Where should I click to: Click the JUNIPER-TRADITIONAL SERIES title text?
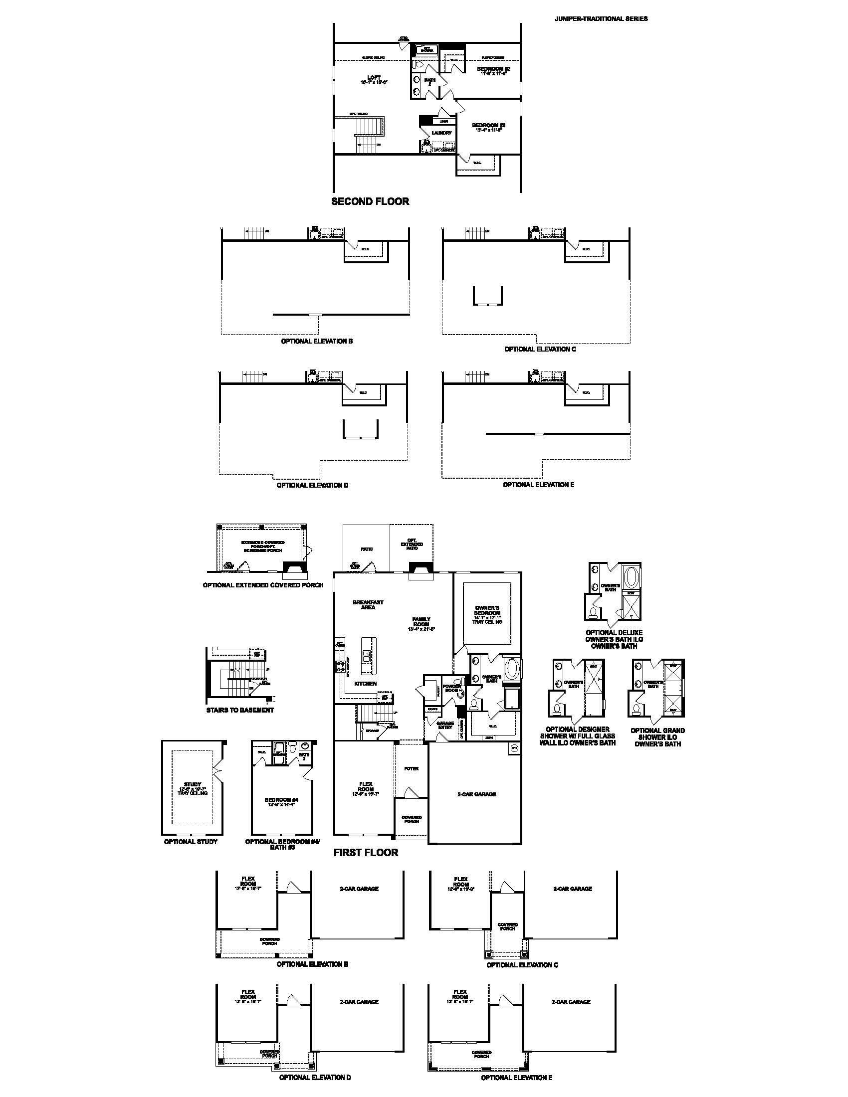pyautogui.click(x=601, y=18)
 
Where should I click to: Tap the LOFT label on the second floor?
pyautogui.click(x=374, y=77)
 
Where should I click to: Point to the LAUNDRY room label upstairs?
pyautogui.click(x=441, y=133)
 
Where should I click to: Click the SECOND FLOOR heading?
pyautogui.click(x=370, y=201)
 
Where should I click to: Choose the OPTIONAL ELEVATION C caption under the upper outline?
pyautogui.click(x=540, y=349)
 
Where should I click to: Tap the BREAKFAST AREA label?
pyautogui.click(x=368, y=604)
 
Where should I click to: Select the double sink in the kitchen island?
pyautogui.click(x=367, y=656)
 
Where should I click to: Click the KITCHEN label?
pyautogui.click(x=365, y=684)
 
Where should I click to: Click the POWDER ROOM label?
pyautogui.click(x=451, y=688)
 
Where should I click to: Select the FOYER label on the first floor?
pyautogui.click(x=411, y=768)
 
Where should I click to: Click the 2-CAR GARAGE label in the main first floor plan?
pyautogui.click(x=476, y=794)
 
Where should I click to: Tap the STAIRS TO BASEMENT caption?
pyautogui.click(x=240, y=710)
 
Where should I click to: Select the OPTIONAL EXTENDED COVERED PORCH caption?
pyautogui.click(x=263, y=585)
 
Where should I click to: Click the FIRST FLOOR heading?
pyautogui.click(x=366, y=852)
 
